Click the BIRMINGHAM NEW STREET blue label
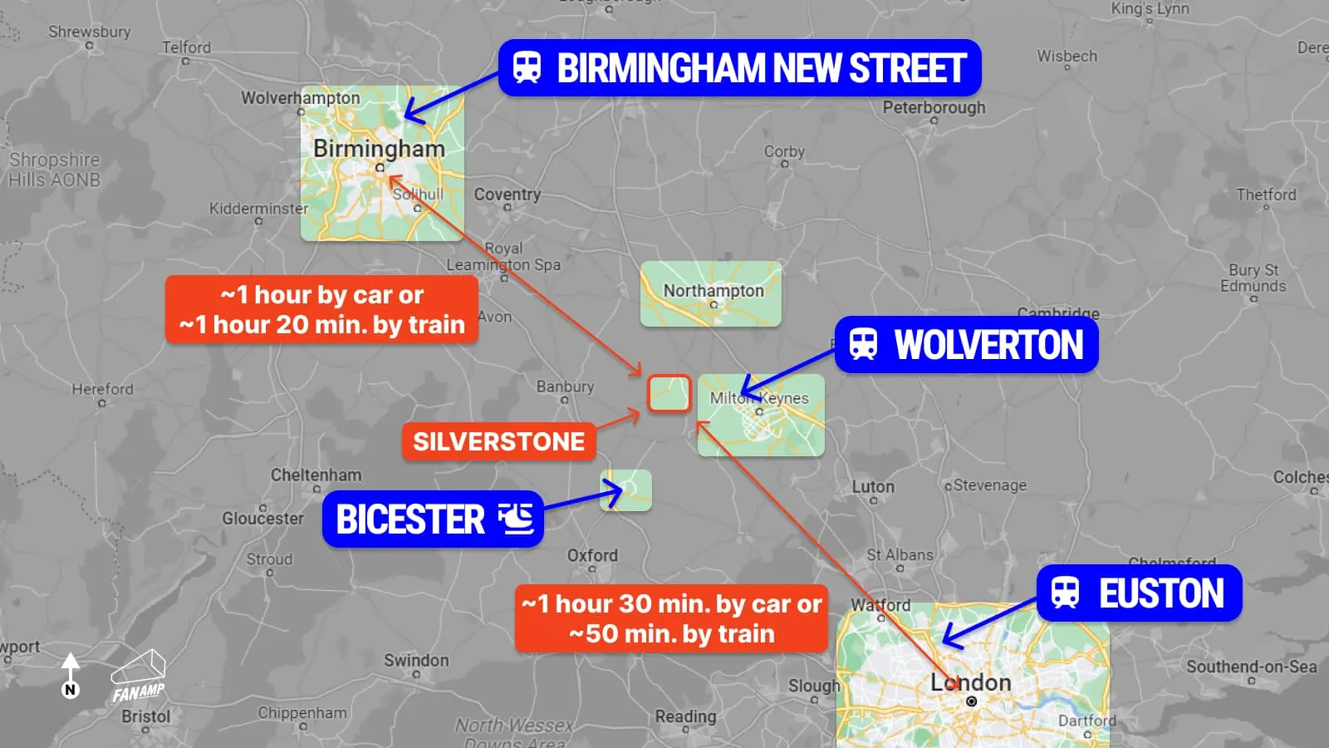click(739, 68)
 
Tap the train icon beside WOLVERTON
click(863, 344)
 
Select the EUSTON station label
click(1140, 593)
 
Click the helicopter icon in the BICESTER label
click(516, 519)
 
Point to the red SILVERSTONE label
click(498, 441)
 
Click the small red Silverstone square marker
click(669, 393)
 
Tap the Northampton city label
click(714, 291)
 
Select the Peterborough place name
click(934, 107)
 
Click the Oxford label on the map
click(592, 555)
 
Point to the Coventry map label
click(507, 194)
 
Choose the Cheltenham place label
click(316, 475)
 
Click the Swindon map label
click(416, 661)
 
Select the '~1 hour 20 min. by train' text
click(322, 325)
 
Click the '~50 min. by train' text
click(671, 634)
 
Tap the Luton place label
click(873, 487)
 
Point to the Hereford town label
click(102, 389)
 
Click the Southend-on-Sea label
click(1251, 667)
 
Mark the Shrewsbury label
click(90, 32)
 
